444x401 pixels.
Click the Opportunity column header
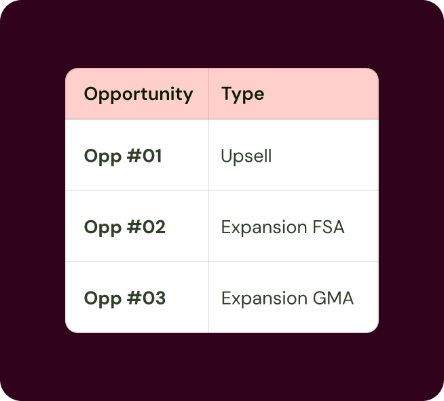coord(138,94)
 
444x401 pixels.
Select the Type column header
coord(242,94)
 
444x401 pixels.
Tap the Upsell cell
coord(246,156)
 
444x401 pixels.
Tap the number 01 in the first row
coord(152,156)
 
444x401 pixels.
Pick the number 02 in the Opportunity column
coord(153,227)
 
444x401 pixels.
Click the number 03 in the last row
coord(153,298)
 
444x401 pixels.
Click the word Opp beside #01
coord(103,157)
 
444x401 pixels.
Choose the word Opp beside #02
coord(103,228)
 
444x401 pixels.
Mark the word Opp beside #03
coord(103,299)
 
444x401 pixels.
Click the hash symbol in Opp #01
coord(134,156)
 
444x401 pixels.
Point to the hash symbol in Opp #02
coord(134,227)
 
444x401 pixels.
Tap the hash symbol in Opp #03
coord(134,298)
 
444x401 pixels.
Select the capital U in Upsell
coord(227,156)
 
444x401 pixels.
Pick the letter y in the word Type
coord(238,97)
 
